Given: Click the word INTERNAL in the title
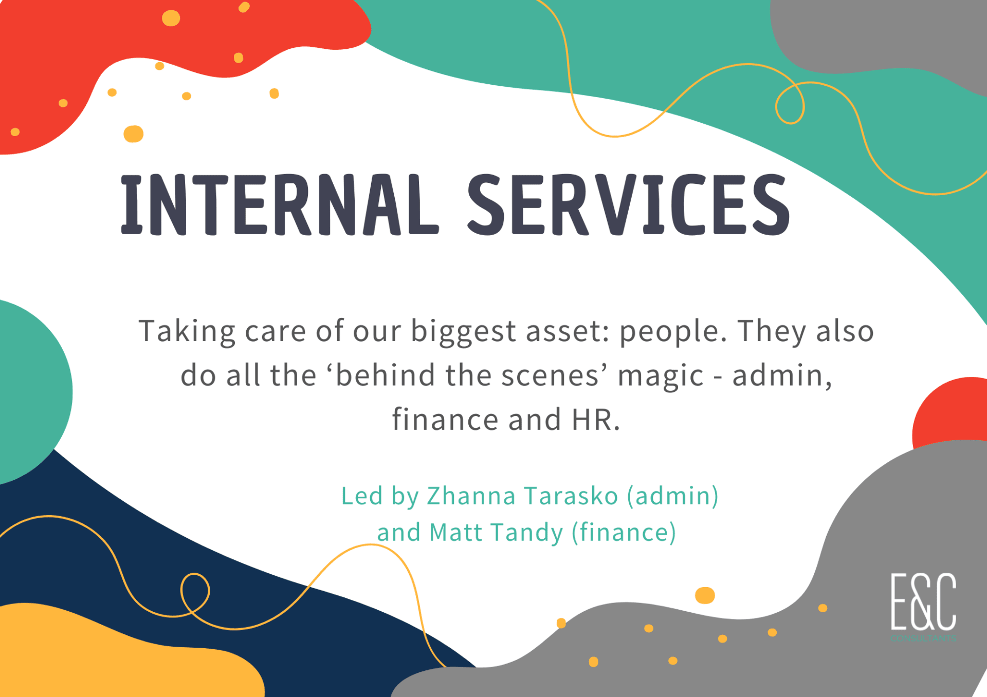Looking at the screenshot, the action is pyautogui.click(x=280, y=204).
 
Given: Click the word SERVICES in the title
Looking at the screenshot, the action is pyautogui.click(x=628, y=204).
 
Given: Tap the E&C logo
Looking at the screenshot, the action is pyautogui.click(x=923, y=606).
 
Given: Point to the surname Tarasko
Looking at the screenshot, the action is pyautogui.click(x=571, y=496).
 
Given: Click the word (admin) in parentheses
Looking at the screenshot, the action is pyautogui.click(x=672, y=497).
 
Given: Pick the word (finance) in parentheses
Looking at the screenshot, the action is pyautogui.click(x=624, y=533).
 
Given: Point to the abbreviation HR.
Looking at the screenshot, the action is pyautogui.click(x=596, y=419).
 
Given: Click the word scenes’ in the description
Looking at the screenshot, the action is pyautogui.click(x=555, y=375).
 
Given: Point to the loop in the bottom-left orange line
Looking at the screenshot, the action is pyautogui.click(x=195, y=593).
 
